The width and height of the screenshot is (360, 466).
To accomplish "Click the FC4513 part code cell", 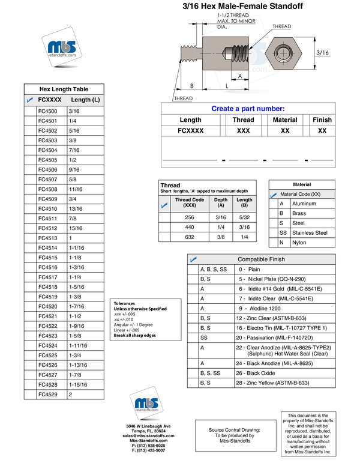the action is [48, 238].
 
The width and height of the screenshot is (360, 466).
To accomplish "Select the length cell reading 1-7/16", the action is [77, 306].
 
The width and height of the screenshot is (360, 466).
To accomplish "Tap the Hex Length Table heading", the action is [64, 89].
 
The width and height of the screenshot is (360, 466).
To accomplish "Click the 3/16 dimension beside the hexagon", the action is [322, 53].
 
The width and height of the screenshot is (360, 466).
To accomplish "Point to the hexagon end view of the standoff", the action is [284, 53].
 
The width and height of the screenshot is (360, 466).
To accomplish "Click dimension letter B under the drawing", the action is [192, 86].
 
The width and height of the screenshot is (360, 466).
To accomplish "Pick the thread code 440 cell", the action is [190, 228].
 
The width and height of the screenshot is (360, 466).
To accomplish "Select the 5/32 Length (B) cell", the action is [244, 217].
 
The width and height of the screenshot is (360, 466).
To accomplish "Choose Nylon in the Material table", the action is [299, 243].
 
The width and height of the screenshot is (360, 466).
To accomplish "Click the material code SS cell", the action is [283, 233].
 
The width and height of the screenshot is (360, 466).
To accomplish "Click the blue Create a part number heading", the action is [248, 109].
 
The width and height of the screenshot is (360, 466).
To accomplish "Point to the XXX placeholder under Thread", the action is [243, 131].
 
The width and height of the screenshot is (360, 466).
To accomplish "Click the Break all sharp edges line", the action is [135, 336].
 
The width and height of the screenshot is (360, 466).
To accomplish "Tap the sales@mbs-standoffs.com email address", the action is [149, 436].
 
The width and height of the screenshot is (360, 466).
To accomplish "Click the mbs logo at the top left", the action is [62, 47].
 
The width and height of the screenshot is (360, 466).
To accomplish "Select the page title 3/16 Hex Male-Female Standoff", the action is [242, 6].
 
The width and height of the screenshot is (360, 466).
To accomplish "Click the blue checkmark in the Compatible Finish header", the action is [193, 259].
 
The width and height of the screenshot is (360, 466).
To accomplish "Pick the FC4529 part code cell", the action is [48, 395].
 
